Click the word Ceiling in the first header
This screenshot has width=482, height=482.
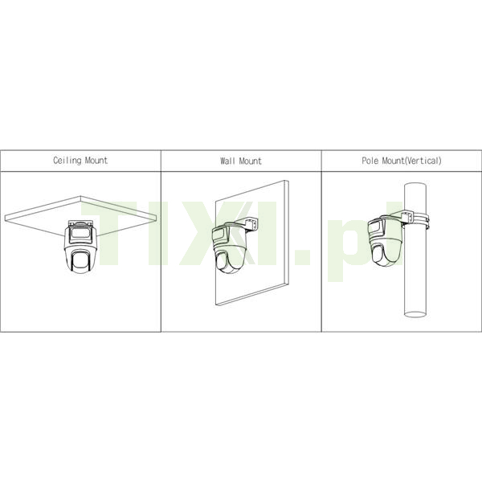point(67,161)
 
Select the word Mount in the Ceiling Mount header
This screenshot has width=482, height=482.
point(96,161)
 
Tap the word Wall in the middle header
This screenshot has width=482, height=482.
point(228,161)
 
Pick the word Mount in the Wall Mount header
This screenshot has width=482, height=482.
point(250,161)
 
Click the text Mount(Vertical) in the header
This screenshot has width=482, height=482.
point(412,161)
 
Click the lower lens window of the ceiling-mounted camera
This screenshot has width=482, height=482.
point(80,260)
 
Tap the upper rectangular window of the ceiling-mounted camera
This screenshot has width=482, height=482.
point(80,235)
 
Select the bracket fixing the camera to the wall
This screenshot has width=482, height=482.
point(251,223)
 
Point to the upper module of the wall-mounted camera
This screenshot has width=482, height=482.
point(219,235)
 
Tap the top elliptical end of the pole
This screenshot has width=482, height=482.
point(415,186)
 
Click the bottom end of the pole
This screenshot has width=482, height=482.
point(415,314)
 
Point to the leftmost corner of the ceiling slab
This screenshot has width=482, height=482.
point(6,218)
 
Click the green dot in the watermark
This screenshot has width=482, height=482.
point(302,257)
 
